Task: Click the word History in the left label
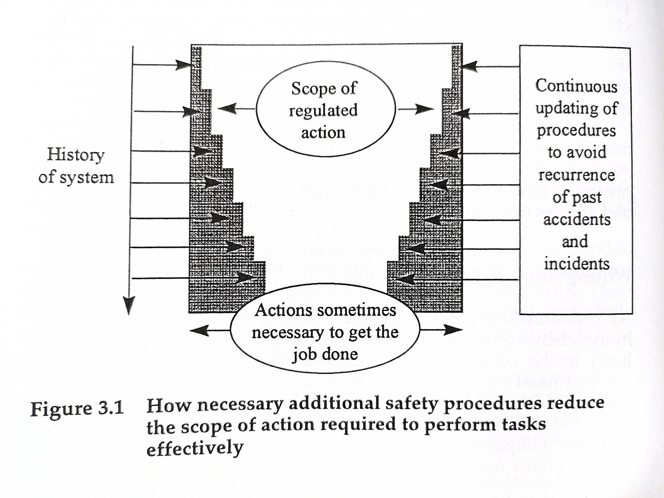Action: pos(76,155)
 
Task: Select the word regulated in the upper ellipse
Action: pos(323,110)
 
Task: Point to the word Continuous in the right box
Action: pos(576,86)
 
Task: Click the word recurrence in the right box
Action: pos(576,175)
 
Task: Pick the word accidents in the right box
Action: pos(577,219)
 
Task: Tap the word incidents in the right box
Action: pos(577,264)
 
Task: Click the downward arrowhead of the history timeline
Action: pos(129,305)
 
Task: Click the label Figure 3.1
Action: pos(77,408)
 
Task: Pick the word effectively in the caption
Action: pos(195,448)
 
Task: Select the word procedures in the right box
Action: pos(576,130)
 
